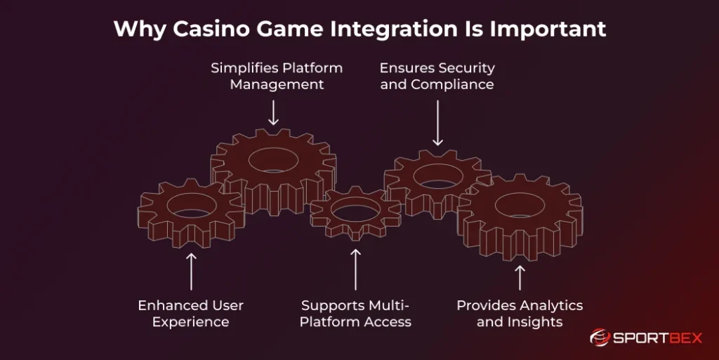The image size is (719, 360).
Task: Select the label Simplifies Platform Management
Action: click(277, 76)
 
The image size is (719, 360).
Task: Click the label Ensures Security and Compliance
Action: click(437, 76)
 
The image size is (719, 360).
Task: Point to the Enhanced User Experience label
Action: click(191, 314)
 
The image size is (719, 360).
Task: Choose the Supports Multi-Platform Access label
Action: click(355, 314)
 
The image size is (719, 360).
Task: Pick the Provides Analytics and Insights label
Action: click(520, 314)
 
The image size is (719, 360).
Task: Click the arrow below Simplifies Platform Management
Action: click(274, 113)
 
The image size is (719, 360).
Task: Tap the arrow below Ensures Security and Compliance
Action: click(437, 122)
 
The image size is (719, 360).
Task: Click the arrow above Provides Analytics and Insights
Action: click(520, 277)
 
